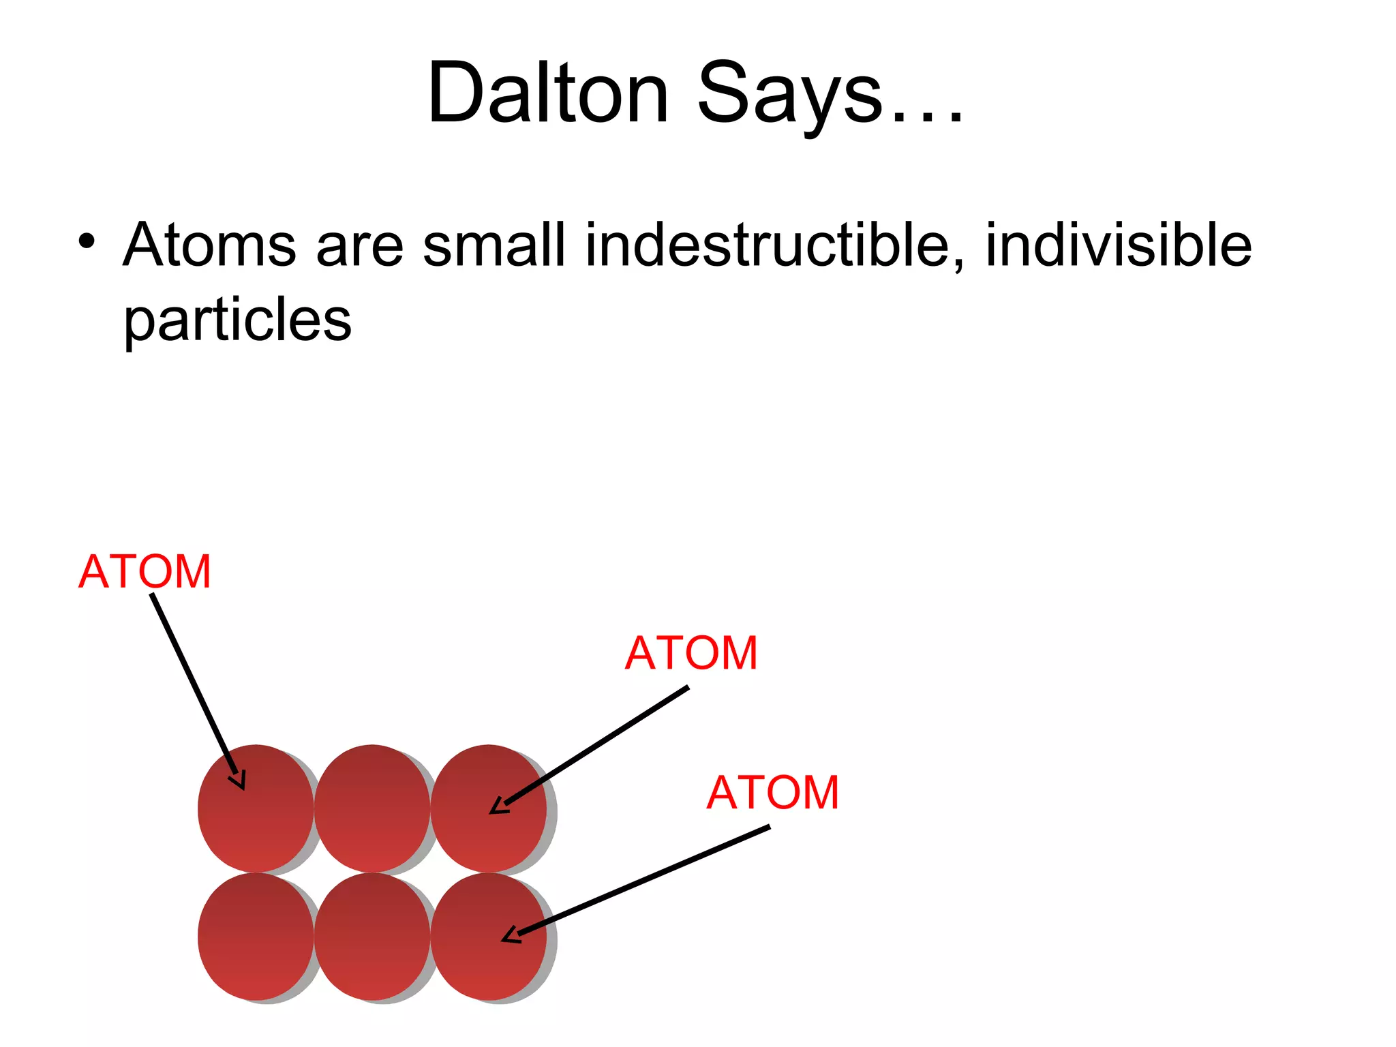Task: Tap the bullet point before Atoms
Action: (87, 241)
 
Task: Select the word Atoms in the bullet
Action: (209, 245)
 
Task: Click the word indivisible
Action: (1119, 245)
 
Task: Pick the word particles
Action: (237, 320)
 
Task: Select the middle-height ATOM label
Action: (691, 653)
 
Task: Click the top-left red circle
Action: (256, 808)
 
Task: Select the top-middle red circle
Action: (372, 808)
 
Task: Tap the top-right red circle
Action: (488, 808)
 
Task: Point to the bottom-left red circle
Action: (256, 937)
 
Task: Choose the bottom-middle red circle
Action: (372, 937)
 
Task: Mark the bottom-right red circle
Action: (488, 937)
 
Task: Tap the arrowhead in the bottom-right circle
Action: (510, 936)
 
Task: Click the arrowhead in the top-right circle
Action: (498, 806)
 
